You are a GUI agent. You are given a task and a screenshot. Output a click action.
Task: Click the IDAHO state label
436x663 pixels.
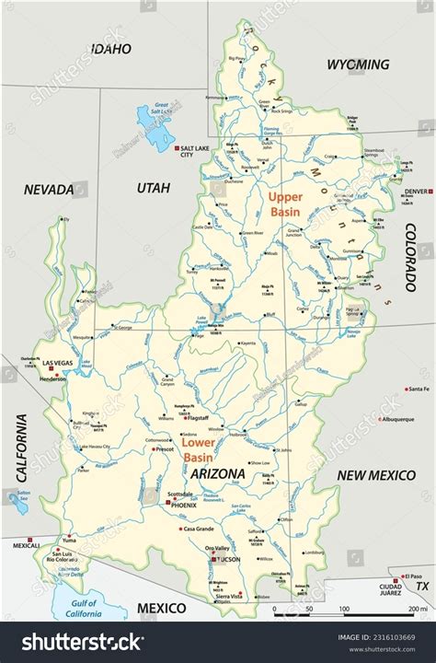click(109, 48)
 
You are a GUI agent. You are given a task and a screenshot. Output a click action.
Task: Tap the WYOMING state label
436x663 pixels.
click(358, 64)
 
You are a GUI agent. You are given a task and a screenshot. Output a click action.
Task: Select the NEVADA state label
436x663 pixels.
click(49, 189)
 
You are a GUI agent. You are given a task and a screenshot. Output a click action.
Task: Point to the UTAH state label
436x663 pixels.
click(154, 188)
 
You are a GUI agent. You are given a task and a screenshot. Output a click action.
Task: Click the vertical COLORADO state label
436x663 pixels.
click(410, 257)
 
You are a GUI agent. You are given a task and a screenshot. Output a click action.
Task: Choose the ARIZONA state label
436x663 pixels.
click(218, 473)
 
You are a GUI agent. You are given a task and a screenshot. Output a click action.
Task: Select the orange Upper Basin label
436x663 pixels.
click(285, 204)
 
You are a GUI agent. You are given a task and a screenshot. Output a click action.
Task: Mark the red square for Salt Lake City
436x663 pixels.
click(176, 147)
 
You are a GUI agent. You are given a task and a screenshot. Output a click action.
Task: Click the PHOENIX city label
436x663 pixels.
click(182, 504)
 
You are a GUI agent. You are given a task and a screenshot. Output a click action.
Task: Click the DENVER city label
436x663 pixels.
click(416, 192)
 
